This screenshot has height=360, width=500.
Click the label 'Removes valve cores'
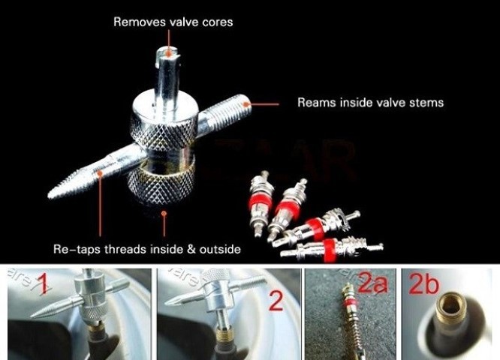(x=173, y=22)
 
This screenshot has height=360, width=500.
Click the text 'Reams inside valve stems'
(x=370, y=102)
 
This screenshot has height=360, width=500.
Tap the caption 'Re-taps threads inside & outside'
(x=147, y=248)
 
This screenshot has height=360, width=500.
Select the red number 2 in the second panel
(x=275, y=302)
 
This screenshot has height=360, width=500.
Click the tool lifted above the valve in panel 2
(x=218, y=289)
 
